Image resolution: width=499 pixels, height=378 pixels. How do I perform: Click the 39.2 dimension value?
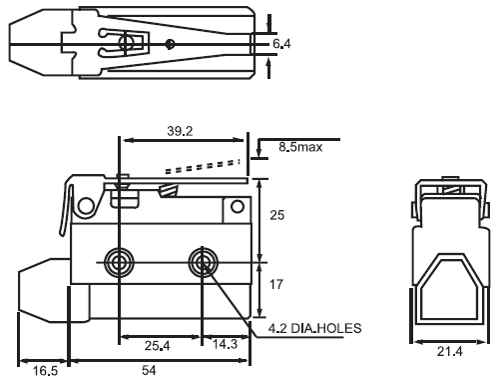[x=180, y=131]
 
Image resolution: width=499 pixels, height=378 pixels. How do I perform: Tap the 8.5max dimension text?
[x=300, y=147]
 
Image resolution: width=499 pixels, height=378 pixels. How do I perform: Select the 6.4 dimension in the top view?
[x=281, y=44]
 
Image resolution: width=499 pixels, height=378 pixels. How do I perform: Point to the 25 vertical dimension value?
[x=276, y=215]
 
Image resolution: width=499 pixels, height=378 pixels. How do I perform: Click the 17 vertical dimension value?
[x=275, y=284]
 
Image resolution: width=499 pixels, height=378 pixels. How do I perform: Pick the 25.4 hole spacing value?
[x=157, y=346]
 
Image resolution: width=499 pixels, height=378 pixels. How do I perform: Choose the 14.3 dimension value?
[x=225, y=344]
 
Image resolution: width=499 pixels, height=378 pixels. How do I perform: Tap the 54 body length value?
[x=149, y=370]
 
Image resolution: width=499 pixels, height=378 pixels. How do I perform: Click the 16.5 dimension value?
[x=45, y=371]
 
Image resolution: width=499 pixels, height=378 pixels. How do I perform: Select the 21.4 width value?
[x=449, y=351]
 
